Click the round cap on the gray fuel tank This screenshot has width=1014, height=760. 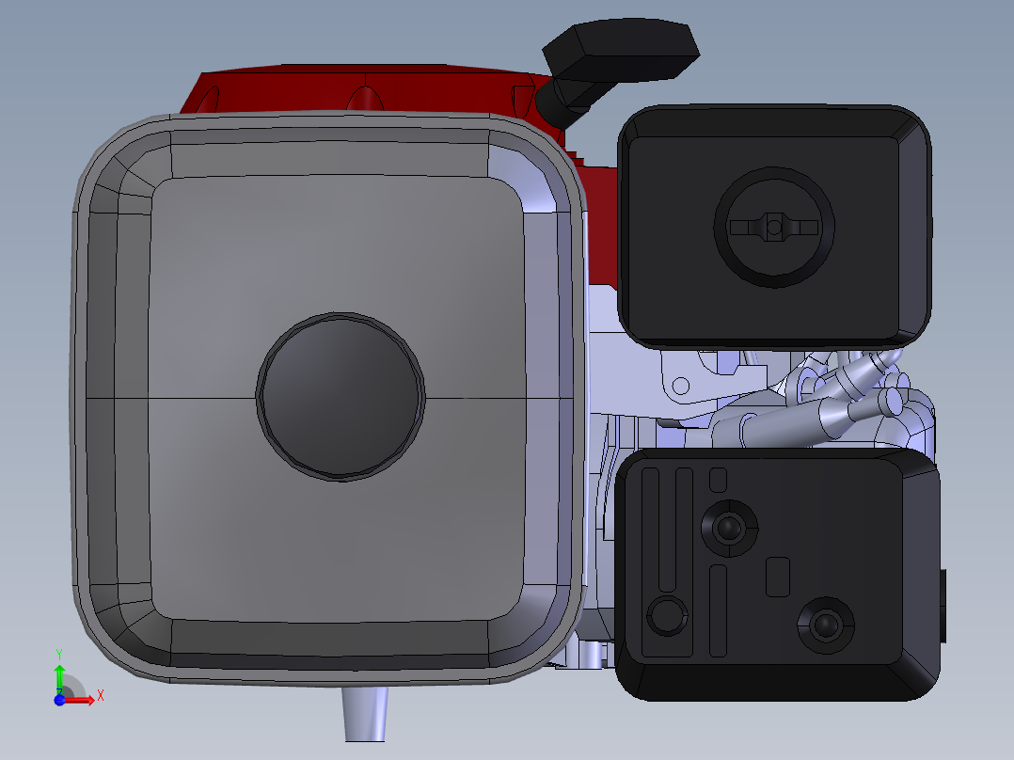(341, 397)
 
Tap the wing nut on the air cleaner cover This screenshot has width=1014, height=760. (774, 227)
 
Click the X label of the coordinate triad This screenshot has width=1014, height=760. (101, 696)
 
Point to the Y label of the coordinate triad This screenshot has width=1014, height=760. (59, 655)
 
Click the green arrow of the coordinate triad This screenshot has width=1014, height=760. (59, 678)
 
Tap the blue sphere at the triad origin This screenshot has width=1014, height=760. (59, 700)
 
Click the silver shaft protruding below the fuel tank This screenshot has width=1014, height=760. (365, 714)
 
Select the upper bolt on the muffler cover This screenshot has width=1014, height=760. (730, 527)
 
